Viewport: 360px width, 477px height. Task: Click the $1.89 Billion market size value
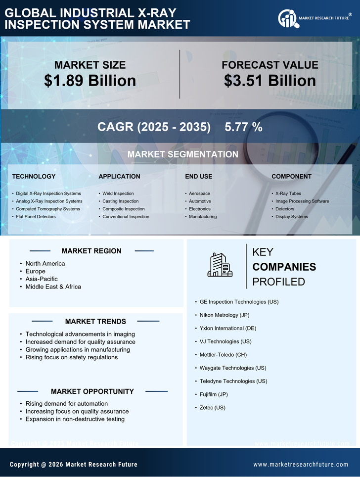click(90, 81)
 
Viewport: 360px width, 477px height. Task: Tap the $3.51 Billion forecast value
click(270, 81)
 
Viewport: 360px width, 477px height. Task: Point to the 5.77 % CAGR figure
click(243, 127)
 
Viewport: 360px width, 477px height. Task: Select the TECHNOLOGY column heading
click(34, 176)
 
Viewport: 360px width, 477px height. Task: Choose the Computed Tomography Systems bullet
click(47, 209)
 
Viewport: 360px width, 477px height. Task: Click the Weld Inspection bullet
click(118, 193)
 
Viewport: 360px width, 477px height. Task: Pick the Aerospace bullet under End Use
click(199, 193)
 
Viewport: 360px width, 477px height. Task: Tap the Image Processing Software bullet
click(302, 201)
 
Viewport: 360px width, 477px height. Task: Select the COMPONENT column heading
click(291, 176)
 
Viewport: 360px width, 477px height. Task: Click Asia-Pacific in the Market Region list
click(42, 279)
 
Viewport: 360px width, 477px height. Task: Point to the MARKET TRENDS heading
click(95, 322)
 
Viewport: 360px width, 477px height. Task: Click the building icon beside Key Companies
click(220, 265)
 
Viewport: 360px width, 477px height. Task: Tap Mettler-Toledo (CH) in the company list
click(223, 355)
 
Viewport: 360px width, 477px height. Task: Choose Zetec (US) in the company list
click(212, 408)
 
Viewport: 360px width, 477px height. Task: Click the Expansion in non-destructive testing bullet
click(75, 419)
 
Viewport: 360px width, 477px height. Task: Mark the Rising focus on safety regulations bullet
click(71, 357)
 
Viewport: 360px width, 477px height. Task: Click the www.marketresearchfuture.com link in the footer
click(301, 465)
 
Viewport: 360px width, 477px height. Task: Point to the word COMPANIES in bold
click(284, 267)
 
